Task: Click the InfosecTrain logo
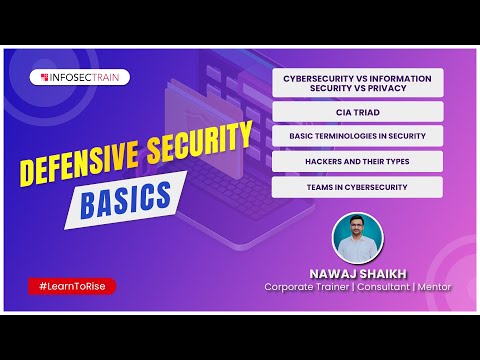tap(84, 76)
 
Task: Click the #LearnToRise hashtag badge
tap(72, 287)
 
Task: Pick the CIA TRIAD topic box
tap(357, 112)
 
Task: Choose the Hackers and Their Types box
tap(357, 161)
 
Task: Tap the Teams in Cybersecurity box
tap(357, 187)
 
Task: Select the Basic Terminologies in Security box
tap(357, 136)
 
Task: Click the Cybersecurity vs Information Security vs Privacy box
tap(357, 81)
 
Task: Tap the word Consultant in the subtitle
tap(376, 287)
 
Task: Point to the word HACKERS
tap(324, 161)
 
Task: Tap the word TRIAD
tap(364, 112)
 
